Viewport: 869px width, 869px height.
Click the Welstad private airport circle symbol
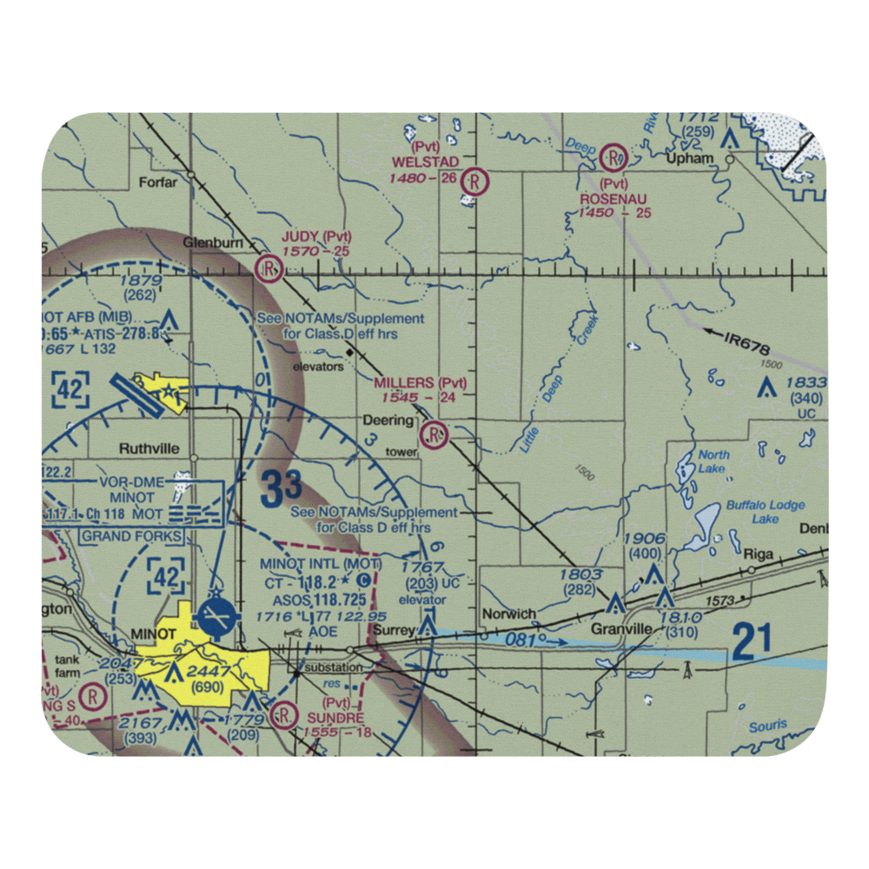[x=475, y=182]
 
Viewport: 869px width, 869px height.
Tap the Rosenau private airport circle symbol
[x=614, y=157]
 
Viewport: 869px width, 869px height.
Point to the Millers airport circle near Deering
[x=434, y=433]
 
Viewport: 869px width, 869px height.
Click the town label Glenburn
[x=212, y=243]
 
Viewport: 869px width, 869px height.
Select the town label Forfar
[x=156, y=182]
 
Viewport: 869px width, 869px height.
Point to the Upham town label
[x=689, y=159]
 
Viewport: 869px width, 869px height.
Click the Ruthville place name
[x=149, y=449]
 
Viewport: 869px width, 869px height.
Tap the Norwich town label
[x=508, y=614]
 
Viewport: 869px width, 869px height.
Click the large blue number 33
[x=280, y=488]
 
